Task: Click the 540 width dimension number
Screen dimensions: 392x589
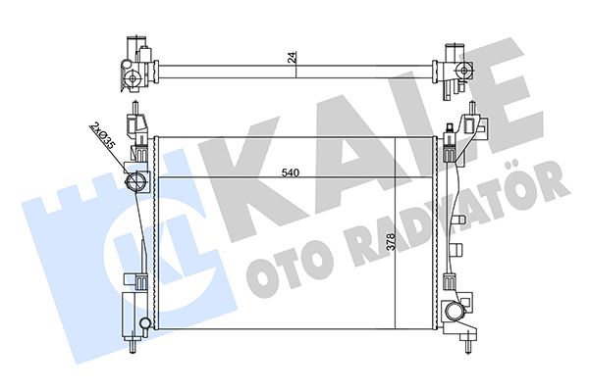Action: click(290, 173)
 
